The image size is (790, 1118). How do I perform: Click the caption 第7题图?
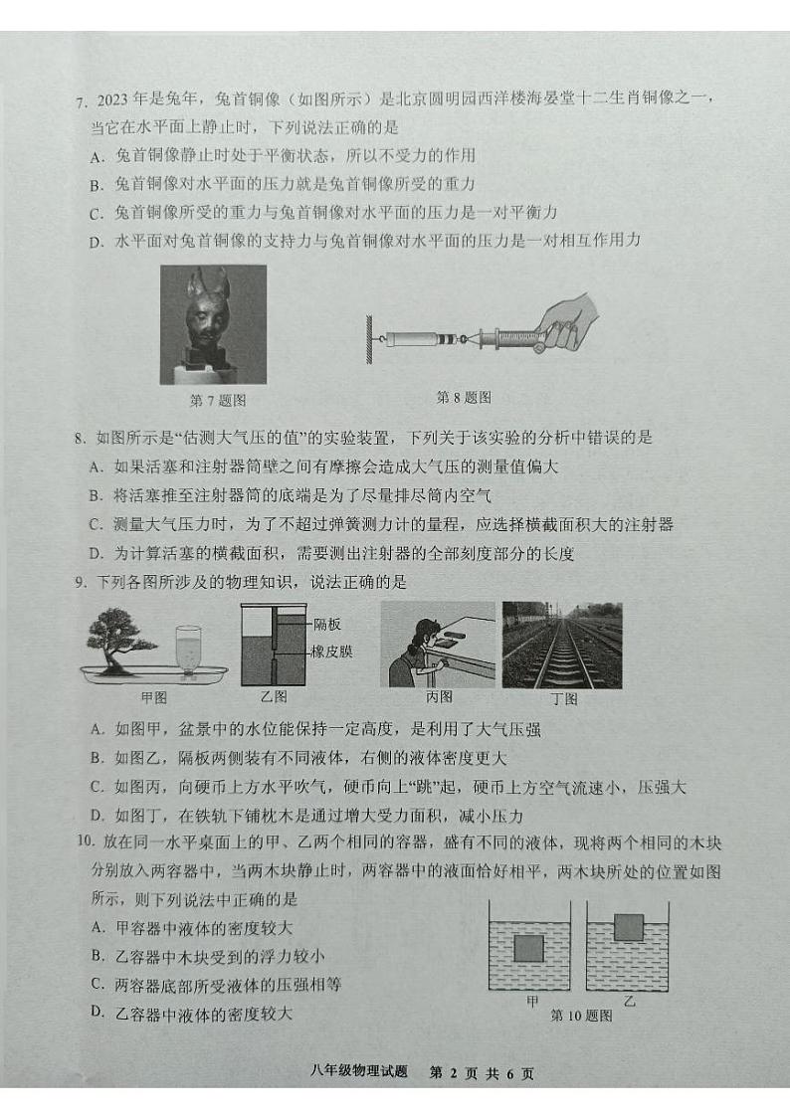pyautogui.click(x=217, y=401)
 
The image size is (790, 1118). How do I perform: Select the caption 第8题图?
pyautogui.click(x=464, y=397)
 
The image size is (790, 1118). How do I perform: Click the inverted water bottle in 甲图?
pyautogui.click(x=189, y=646)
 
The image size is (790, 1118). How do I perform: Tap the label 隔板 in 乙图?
pyautogui.click(x=327, y=625)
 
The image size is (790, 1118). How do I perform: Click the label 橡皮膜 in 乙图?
pyautogui.click(x=332, y=652)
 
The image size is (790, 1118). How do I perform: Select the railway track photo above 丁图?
pyautogui.click(x=562, y=645)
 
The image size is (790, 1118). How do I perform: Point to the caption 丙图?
pyautogui.click(x=438, y=696)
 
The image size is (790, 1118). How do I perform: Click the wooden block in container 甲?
pyautogui.click(x=528, y=949)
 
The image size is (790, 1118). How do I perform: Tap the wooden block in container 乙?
pyautogui.click(x=629, y=927)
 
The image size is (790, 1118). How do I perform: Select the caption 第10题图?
pyautogui.click(x=581, y=1016)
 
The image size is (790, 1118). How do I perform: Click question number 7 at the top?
pyautogui.click(x=81, y=100)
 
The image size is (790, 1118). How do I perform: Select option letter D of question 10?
pyautogui.click(x=97, y=1013)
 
